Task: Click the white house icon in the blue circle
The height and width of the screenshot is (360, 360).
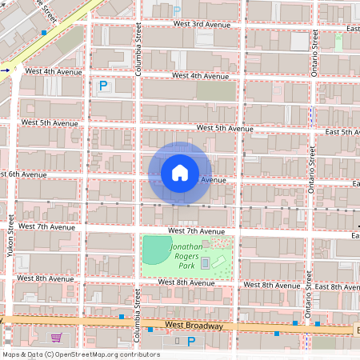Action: pos(180,173)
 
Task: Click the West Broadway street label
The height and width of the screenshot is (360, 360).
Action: pos(193,326)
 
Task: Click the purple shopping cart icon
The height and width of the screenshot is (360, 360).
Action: pos(56,338)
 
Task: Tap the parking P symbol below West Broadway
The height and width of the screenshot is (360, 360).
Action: pos(190,342)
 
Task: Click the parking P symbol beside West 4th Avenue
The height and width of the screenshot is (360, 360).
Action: pos(102,86)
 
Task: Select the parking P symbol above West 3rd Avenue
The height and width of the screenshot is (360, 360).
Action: pos(177,10)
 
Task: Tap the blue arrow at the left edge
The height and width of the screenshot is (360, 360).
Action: pos(4,70)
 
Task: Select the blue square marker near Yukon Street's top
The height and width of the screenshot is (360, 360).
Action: pos(43,33)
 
